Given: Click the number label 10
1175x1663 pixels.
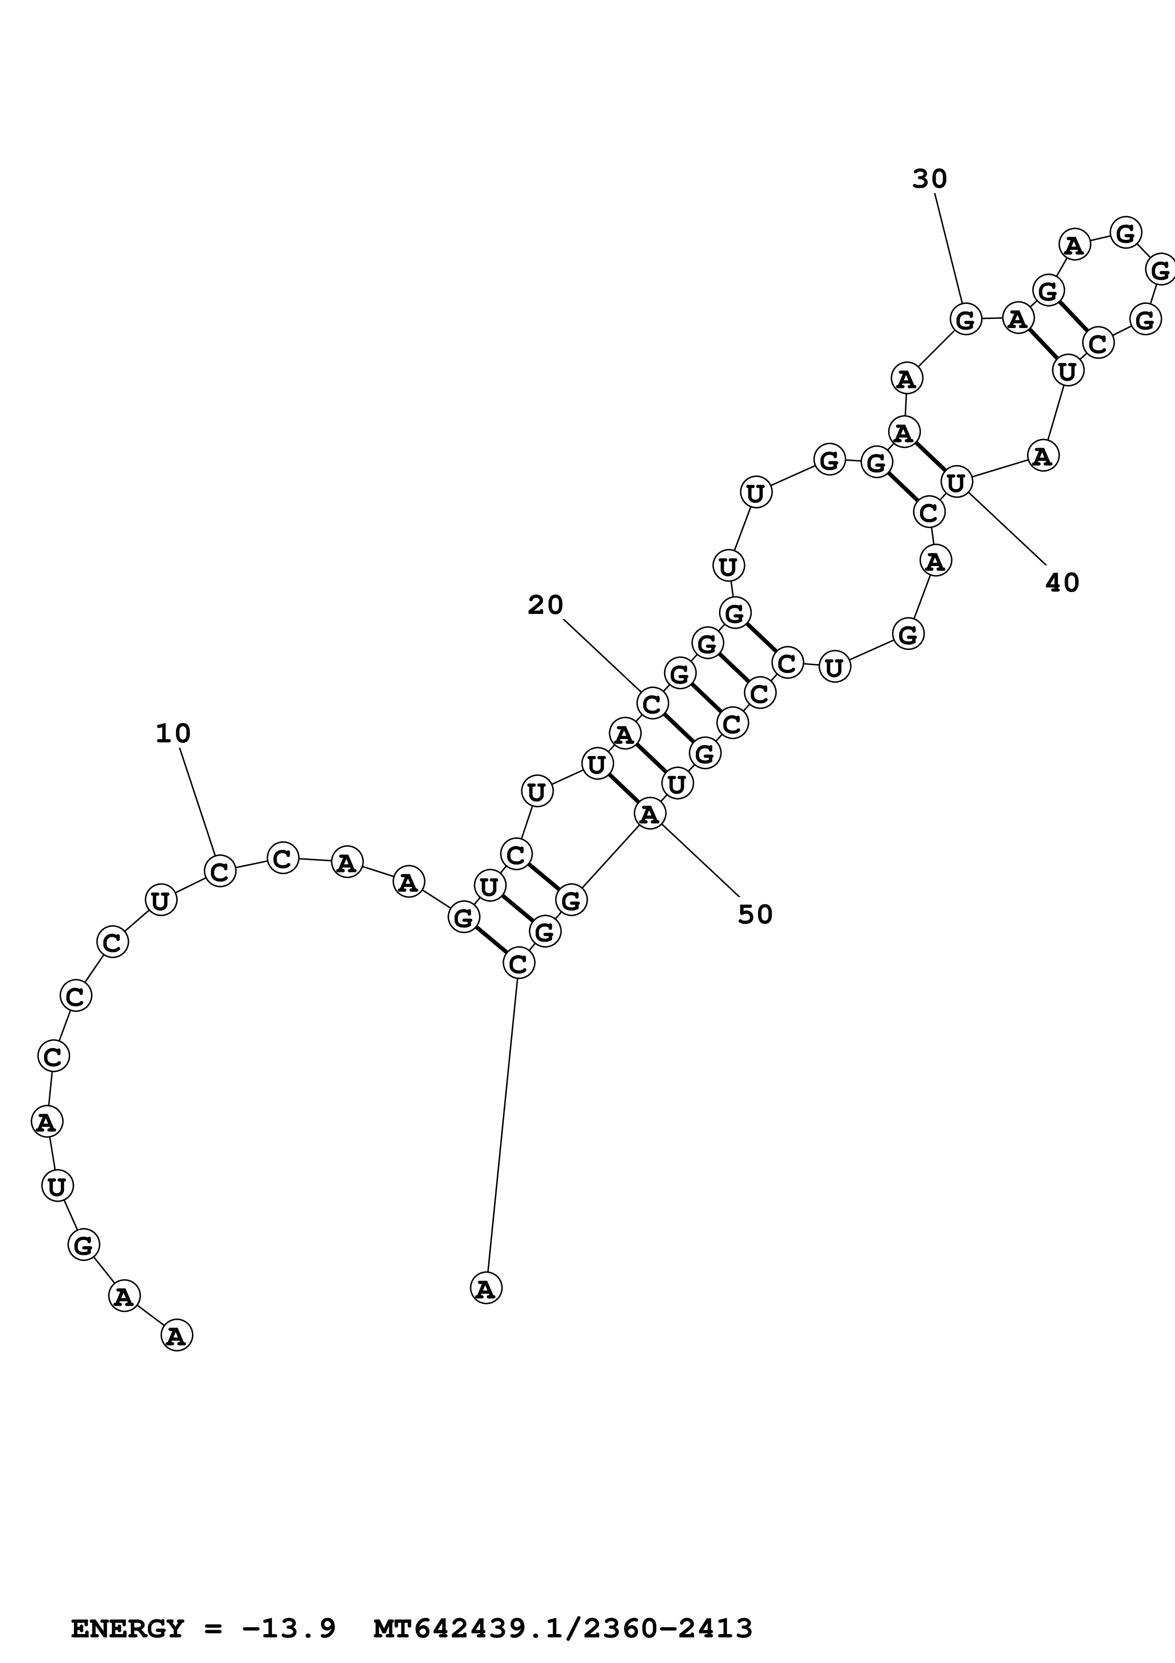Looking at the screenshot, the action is (x=173, y=734).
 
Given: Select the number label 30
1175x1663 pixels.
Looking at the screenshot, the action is (x=929, y=178).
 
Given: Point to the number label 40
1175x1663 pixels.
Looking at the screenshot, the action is (x=1062, y=582).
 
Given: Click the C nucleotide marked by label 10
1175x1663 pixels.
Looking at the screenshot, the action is (x=220, y=871).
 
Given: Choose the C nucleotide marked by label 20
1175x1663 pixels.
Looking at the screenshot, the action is (x=652, y=703).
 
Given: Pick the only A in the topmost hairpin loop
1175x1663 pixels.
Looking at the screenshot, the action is (x=1075, y=246).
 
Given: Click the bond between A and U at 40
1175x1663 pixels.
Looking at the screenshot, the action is (x=929, y=457).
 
